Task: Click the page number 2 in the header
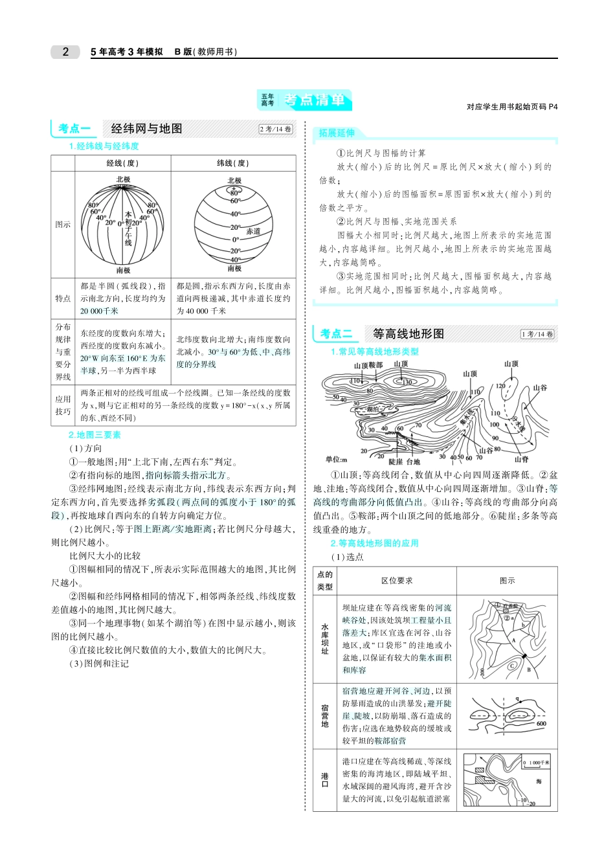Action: (65, 52)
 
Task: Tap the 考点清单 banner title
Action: (314, 100)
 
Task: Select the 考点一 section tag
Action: (74, 128)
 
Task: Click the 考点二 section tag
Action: (336, 333)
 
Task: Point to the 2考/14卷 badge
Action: (276, 129)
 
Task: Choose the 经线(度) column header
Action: (122, 163)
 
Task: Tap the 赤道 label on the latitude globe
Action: (253, 231)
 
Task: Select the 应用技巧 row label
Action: (63, 405)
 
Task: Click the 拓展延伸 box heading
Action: (337, 133)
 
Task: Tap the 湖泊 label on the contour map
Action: (372, 409)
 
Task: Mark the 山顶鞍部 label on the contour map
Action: (368, 365)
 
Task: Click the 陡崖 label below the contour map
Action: (396, 462)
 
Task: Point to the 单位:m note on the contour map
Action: (336, 459)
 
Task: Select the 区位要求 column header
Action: (397, 581)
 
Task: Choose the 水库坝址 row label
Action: (325, 639)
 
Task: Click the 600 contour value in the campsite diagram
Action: (541, 724)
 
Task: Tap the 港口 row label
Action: (325, 779)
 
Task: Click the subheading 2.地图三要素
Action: (95, 435)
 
